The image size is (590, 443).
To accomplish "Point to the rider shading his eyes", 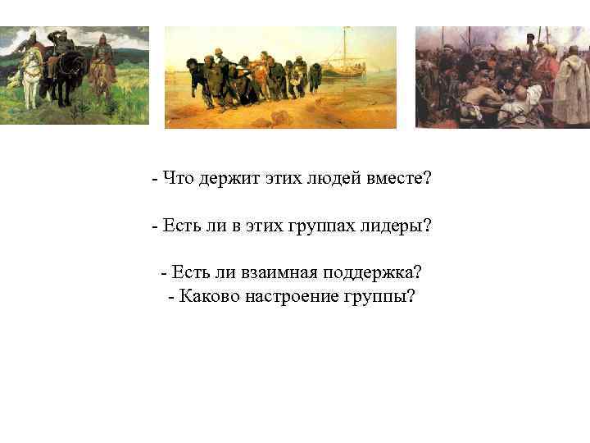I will [x=58, y=45].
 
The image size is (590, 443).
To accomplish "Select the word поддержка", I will [x=372, y=272].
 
